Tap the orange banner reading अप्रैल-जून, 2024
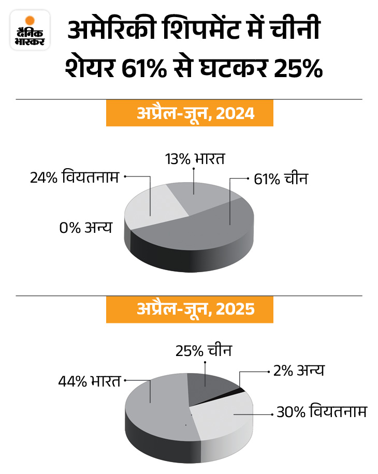pyautogui.click(x=188, y=113)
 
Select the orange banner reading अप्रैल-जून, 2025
pyautogui.click(x=188, y=309)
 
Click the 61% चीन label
pyautogui.click(x=281, y=180)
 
